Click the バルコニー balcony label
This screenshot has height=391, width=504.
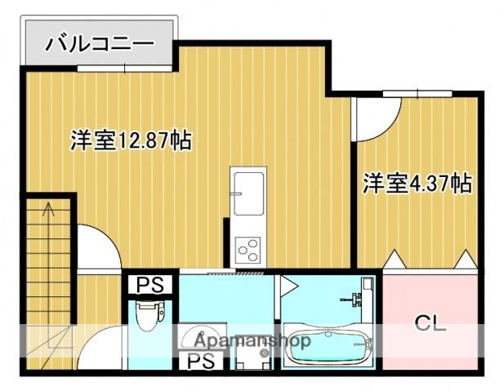(99, 42)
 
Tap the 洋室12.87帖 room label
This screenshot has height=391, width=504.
(131, 140)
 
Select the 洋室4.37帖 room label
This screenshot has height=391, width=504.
(417, 183)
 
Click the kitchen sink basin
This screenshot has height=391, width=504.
(247, 187)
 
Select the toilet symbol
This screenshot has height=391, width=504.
(149, 313)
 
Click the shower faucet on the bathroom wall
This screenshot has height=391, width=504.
(356, 299)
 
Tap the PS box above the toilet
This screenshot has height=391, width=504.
(149, 285)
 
